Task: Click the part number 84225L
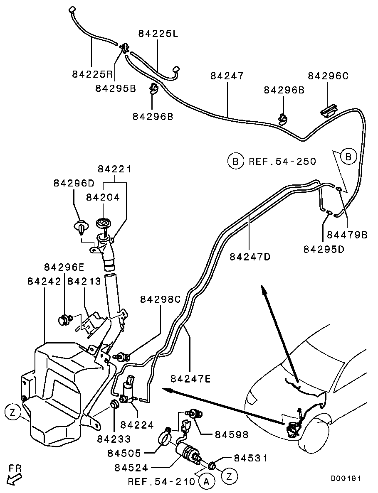(158, 34)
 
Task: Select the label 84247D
(250, 257)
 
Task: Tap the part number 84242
(44, 281)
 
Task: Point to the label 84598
(232, 434)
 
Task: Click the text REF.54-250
(282, 161)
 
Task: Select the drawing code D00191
(346, 478)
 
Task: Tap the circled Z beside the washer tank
(12, 412)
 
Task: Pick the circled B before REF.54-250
(235, 161)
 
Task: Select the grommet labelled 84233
(114, 403)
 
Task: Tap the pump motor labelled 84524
(188, 451)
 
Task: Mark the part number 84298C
(160, 299)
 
